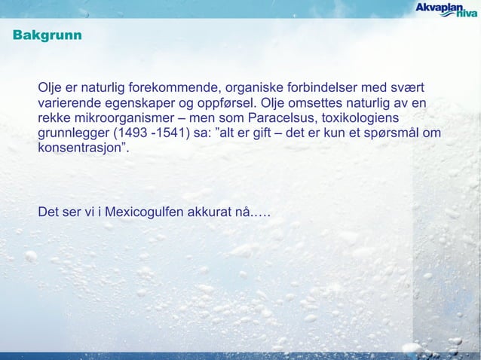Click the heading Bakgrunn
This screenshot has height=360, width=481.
coord(47,36)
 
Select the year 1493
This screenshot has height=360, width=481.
coord(128,134)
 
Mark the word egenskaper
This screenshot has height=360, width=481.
coord(134,102)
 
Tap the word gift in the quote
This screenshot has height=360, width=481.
coord(287,134)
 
